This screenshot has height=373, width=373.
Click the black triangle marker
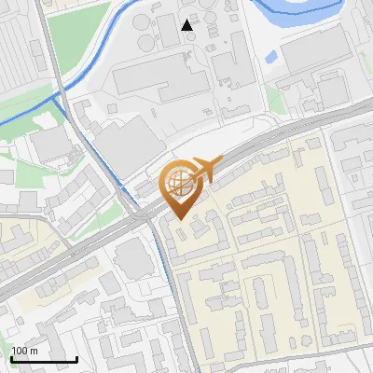(x=188, y=25)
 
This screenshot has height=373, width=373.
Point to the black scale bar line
(x=44, y=359)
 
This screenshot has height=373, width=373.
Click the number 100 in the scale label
(x=20, y=351)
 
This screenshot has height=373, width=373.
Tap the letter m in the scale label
(x=34, y=351)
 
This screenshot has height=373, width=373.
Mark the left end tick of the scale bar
(x=11, y=357)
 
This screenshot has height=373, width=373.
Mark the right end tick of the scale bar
(x=76, y=357)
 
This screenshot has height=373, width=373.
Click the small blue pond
(x=270, y=57)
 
